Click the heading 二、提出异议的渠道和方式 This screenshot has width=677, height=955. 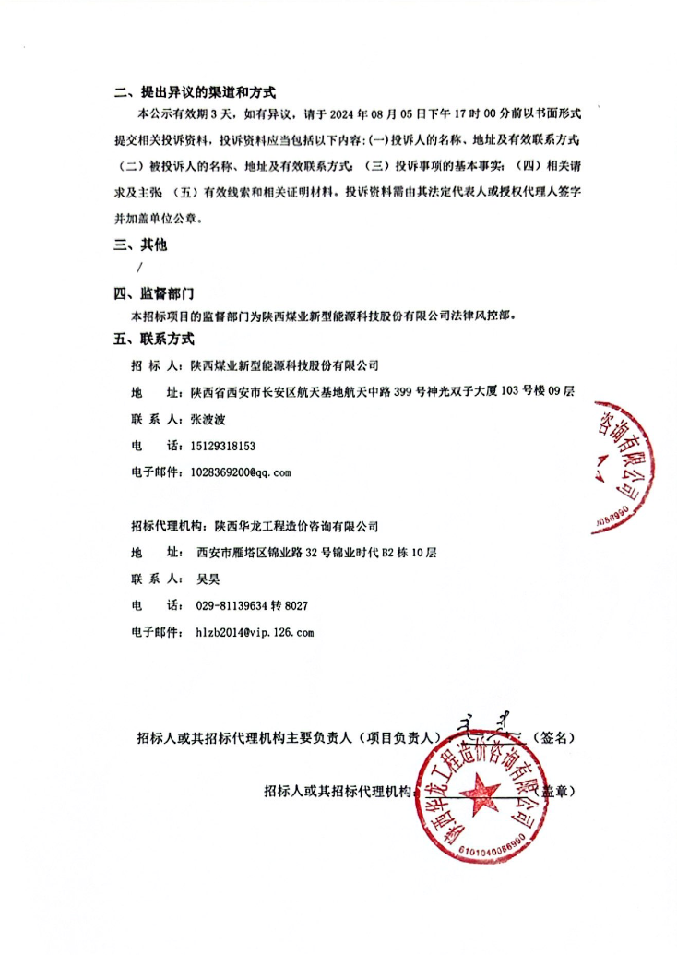(x=195, y=93)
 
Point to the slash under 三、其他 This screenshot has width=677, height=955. (x=139, y=269)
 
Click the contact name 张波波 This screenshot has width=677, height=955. (x=207, y=419)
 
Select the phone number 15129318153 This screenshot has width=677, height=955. (x=224, y=446)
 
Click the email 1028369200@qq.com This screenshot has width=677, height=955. (x=240, y=472)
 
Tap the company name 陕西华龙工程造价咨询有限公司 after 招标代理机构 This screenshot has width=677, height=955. (x=296, y=526)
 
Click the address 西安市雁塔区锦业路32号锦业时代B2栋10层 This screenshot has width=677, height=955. (x=315, y=553)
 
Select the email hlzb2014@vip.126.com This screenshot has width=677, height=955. (x=255, y=633)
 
